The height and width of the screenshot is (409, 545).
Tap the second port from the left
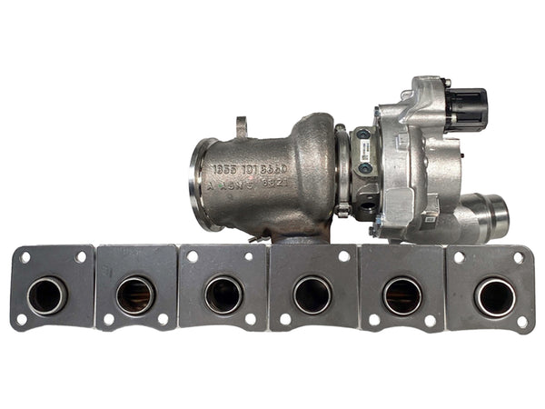coord(135,294)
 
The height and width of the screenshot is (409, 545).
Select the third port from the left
coord(223,294)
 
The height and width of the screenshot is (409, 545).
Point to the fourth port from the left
coord(312,294)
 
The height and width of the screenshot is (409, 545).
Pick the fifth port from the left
coord(402,295)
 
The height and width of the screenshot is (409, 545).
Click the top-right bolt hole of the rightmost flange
coord(520,258)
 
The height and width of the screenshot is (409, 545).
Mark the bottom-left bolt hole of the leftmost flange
coord(21,319)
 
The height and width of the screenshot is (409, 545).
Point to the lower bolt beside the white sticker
coord(364,168)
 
